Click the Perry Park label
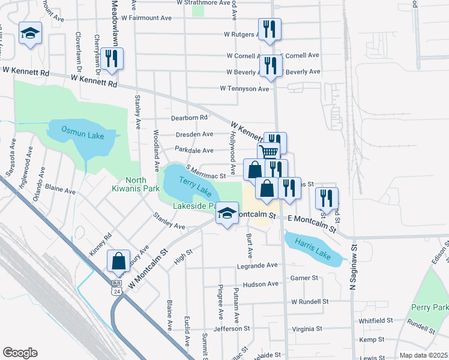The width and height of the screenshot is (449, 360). click(433, 307)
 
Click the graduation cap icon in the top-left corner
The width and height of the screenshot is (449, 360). click(29, 34)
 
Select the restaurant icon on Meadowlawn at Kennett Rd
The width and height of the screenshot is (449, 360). click(112, 59)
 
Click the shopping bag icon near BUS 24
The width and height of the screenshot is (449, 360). click(119, 261)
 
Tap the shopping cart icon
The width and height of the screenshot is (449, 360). click(268, 152)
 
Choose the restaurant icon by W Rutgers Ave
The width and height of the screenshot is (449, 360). click(268, 29)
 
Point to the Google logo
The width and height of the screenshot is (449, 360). click(20, 353)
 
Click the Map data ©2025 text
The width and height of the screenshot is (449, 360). click(423, 355)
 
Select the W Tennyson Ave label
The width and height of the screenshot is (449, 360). click(244, 89)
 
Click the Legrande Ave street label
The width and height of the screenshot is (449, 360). click(257, 265)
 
